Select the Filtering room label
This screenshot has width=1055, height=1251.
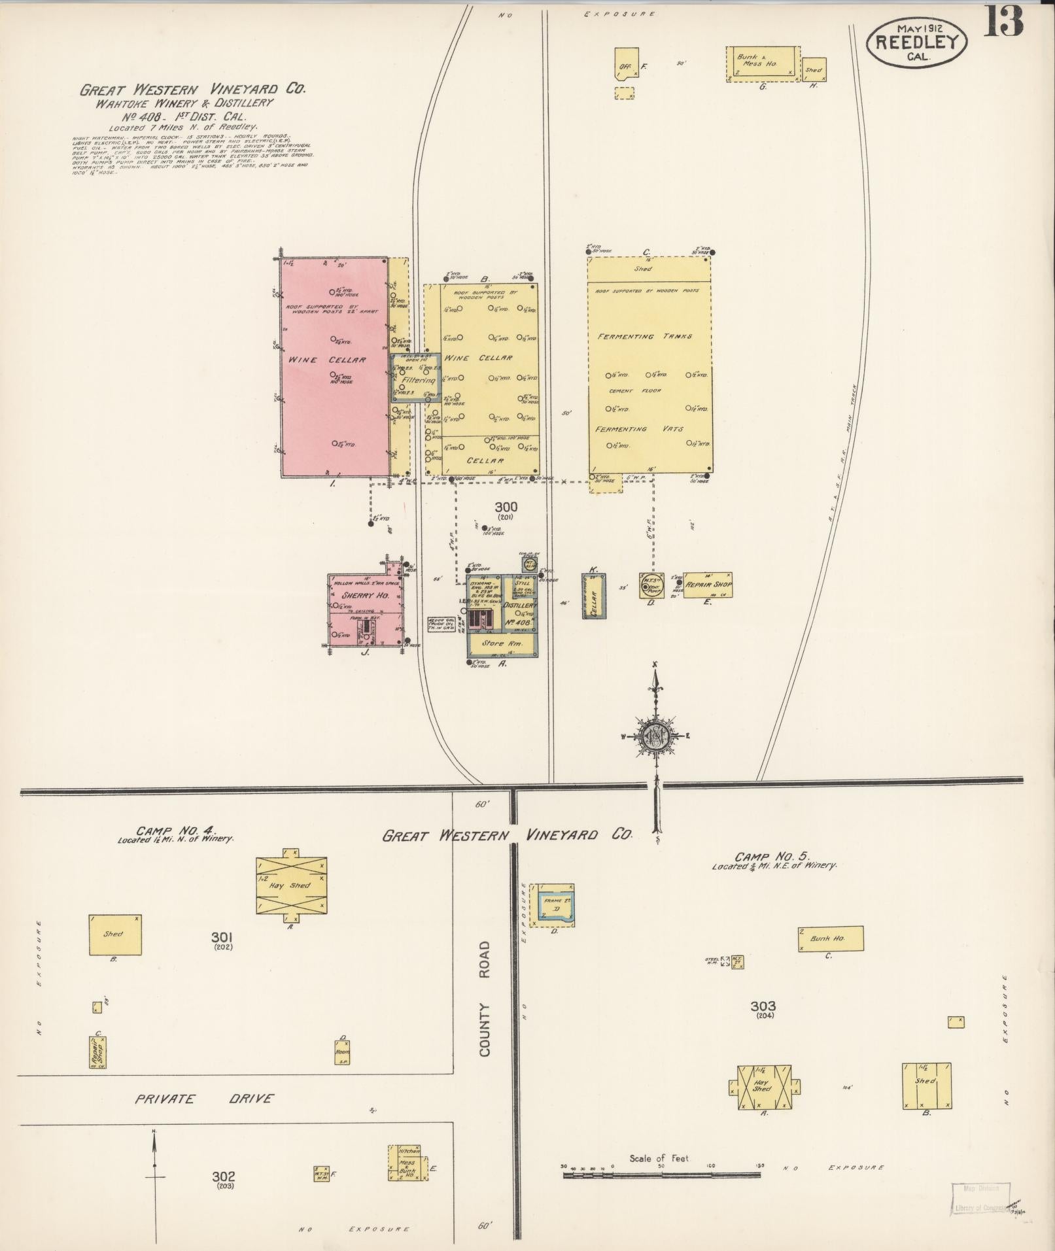(419, 380)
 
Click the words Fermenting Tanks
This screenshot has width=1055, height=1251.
(645, 336)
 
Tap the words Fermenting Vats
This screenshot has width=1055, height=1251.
(639, 429)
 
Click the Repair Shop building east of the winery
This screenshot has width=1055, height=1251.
(708, 584)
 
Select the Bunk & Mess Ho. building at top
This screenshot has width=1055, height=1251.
(763, 63)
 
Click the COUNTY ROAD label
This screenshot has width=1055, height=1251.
(485, 999)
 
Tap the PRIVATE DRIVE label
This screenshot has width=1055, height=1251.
(204, 1099)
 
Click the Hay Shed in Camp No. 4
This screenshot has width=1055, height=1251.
(290, 885)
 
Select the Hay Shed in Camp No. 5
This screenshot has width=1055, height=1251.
(763, 1088)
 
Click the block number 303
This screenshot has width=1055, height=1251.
(763, 1006)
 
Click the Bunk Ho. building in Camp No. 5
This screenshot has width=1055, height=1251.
(829, 938)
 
